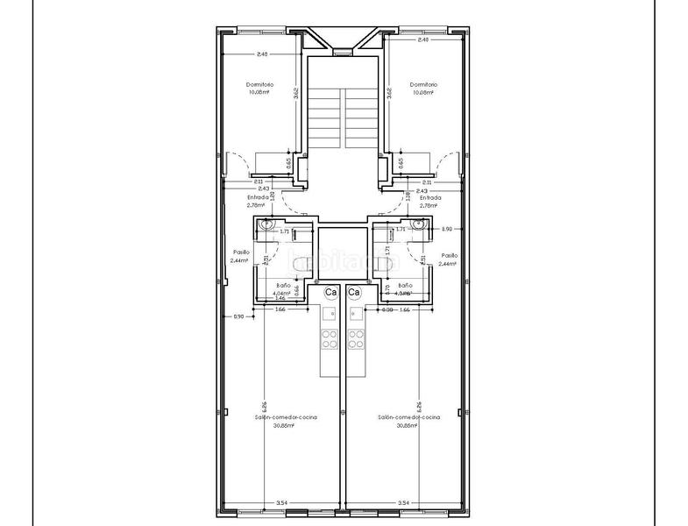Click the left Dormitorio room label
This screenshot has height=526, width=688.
[x=260, y=85]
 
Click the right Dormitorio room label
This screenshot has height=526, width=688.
[x=423, y=85]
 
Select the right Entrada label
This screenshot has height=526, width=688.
[x=429, y=198]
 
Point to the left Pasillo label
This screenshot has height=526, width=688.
[x=238, y=256]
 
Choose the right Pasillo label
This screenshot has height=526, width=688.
[x=449, y=256]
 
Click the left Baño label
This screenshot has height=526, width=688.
[x=282, y=286]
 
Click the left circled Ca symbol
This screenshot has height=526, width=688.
[x=330, y=292]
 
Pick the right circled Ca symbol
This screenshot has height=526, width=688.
[x=354, y=292]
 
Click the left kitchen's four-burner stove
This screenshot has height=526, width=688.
[x=330, y=338]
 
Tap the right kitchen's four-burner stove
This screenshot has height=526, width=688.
[x=354, y=338]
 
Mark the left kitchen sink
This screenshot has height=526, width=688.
[x=330, y=313]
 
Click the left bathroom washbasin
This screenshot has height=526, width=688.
[x=267, y=226]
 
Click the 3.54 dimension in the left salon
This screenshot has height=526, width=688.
[x=281, y=502]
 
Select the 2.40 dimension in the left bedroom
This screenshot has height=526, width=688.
[x=261, y=54]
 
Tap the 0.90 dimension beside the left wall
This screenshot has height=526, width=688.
[x=238, y=316]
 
